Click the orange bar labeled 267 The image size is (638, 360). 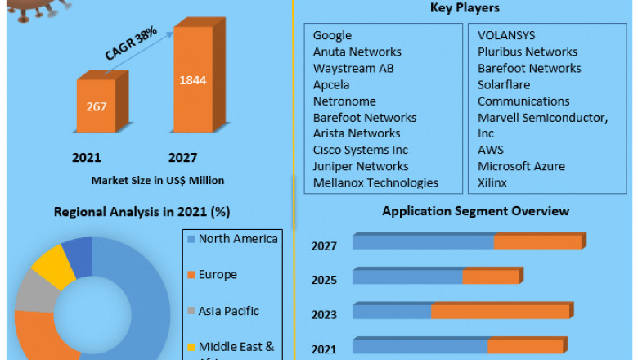coord(97,106)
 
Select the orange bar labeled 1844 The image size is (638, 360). coord(193,80)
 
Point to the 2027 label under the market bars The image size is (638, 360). coord(182,158)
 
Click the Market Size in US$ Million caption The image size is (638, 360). coord(158,180)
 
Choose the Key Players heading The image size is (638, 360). coord(465,8)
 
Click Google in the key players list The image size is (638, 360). coord(332,35)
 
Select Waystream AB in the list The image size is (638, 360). coord(353,68)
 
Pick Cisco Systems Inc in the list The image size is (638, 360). coord(360,150)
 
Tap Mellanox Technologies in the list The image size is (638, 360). coord(375,182)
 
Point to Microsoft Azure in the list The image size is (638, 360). coord(521,166)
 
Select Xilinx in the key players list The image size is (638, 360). coord(492,182)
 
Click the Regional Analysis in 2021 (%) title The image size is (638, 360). coord(142,212)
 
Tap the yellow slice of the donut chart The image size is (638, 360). coord(51,262)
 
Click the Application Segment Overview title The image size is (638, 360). coord(476,211)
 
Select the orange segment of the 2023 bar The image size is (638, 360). coord(501,311)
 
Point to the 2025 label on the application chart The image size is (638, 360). coord(324,280)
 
